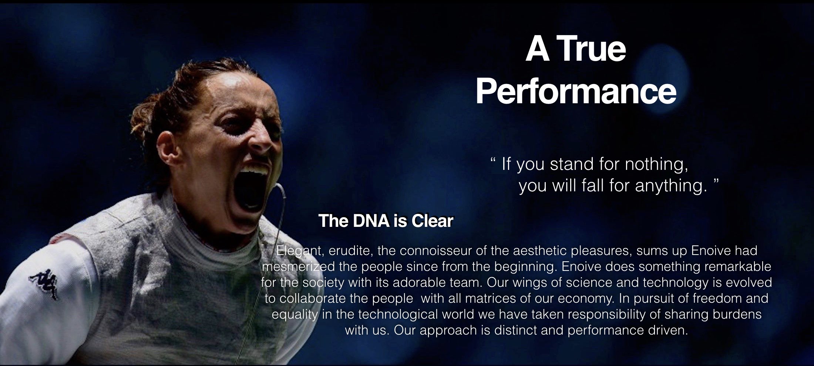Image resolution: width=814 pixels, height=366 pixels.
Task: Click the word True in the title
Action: coord(592,50)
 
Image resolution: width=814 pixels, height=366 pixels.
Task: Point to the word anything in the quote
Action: coord(669,185)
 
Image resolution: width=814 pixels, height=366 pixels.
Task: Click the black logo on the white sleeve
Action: coord(44,283)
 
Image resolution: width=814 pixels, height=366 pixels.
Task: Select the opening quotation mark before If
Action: coord(492,160)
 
